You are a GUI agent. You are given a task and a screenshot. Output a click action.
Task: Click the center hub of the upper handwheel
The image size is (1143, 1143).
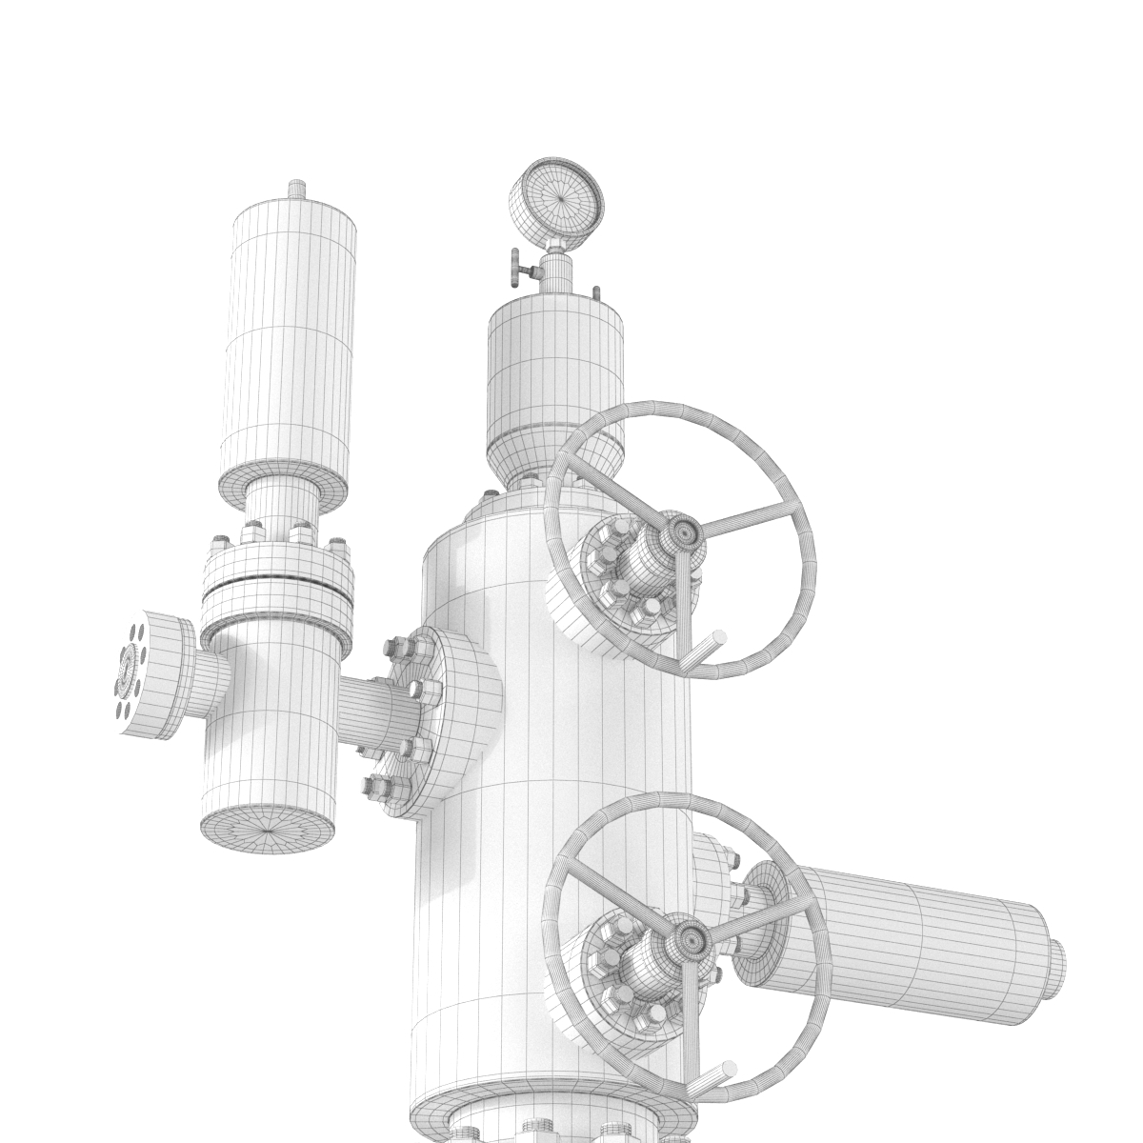pyautogui.click(x=682, y=534)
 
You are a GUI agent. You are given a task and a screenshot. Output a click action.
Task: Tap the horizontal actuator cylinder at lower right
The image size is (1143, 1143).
pyautogui.click(x=914, y=943)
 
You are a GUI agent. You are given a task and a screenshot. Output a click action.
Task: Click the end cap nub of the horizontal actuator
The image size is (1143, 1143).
pyautogui.click(x=1055, y=972)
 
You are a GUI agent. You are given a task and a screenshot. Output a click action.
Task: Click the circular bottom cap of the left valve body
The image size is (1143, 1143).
pyautogui.click(x=268, y=830)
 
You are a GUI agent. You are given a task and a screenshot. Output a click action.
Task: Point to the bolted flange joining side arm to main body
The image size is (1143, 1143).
pyautogui.click(x=448, y=724)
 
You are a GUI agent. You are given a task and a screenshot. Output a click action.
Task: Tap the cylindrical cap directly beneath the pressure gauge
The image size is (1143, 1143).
pyautogui.click(x=554, y=381)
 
